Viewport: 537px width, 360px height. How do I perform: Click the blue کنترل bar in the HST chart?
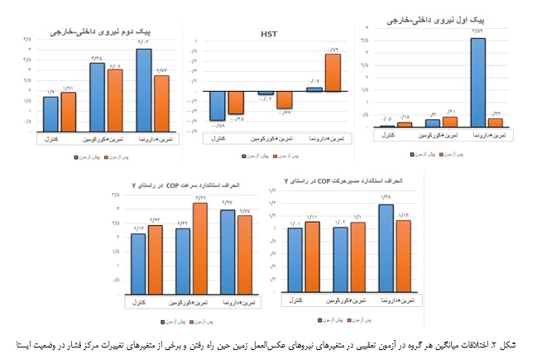click(x=218, y=106)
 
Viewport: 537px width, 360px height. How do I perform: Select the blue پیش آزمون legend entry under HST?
click(x=258, y=154)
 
